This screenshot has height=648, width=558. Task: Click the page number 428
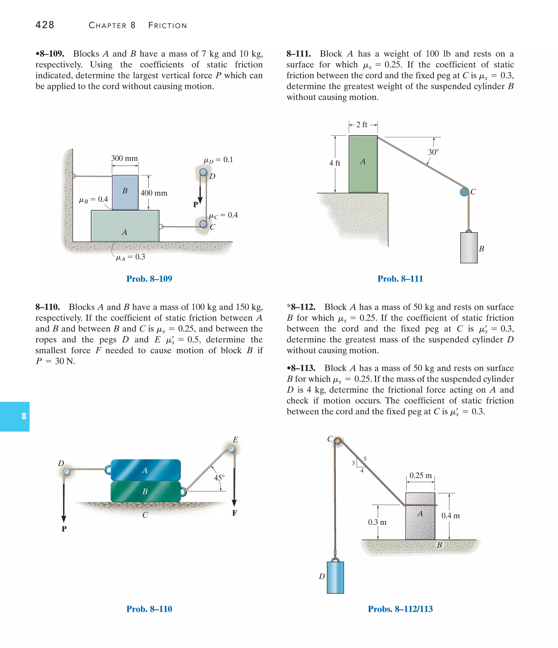pos(45,25)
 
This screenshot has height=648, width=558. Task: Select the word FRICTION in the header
pos(168,26)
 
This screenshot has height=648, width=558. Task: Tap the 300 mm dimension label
pos(125,159)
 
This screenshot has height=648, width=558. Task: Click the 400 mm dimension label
pos(154,193)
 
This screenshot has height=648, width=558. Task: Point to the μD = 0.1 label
pos(218,160)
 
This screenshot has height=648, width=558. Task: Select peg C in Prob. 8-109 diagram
pos(204,224)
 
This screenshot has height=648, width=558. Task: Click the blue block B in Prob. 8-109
pos(125,192)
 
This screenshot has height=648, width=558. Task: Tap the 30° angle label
pos(433,152)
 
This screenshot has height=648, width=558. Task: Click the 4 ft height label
pos(335,163)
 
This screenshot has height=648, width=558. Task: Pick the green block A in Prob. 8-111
pos(363,164)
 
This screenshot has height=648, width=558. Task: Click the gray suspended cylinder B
pos(469,248)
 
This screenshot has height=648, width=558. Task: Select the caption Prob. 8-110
pos(149,609)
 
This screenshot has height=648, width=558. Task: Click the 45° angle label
pos(219,478)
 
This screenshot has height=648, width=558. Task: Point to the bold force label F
pos(235,513)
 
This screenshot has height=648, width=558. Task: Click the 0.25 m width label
pos(420,476)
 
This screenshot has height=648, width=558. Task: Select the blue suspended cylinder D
pos(335,577)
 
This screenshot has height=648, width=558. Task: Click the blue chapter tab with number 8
pos(15,416)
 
